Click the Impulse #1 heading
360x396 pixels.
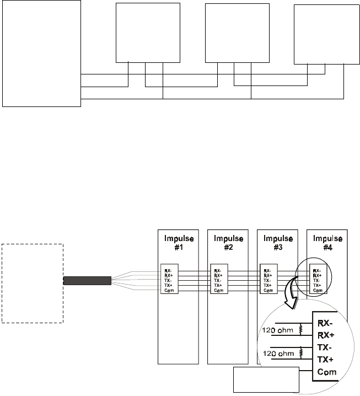pos(178,243)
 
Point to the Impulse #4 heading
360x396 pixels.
pos(327,243)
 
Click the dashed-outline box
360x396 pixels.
pos(33,283)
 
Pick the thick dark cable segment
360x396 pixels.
pos(88,281)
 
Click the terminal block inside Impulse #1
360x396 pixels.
pos(169,280)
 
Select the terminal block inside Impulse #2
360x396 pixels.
pos(218,280)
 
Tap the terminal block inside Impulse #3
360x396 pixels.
pos(268,280)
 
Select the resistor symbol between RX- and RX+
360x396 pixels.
pos(301,329)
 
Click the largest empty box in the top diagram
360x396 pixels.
pos(41,53)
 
